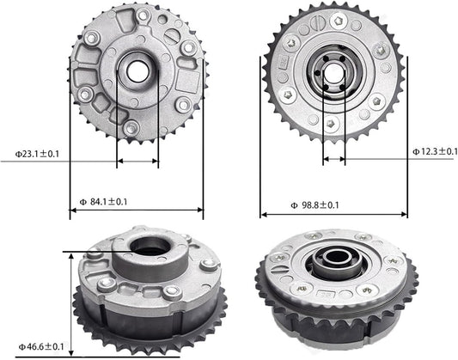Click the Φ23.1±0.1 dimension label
tap(37, 154)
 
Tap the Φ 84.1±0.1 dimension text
tap(103, 202)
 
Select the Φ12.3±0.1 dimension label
tap(435, 151)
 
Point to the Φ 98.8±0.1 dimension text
tap(315, 205)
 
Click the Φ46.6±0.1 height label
tap(41, 347)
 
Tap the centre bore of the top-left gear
tap(137, 72)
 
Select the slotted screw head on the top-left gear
tap(173, 35)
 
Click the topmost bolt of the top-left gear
tap(143, 15)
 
